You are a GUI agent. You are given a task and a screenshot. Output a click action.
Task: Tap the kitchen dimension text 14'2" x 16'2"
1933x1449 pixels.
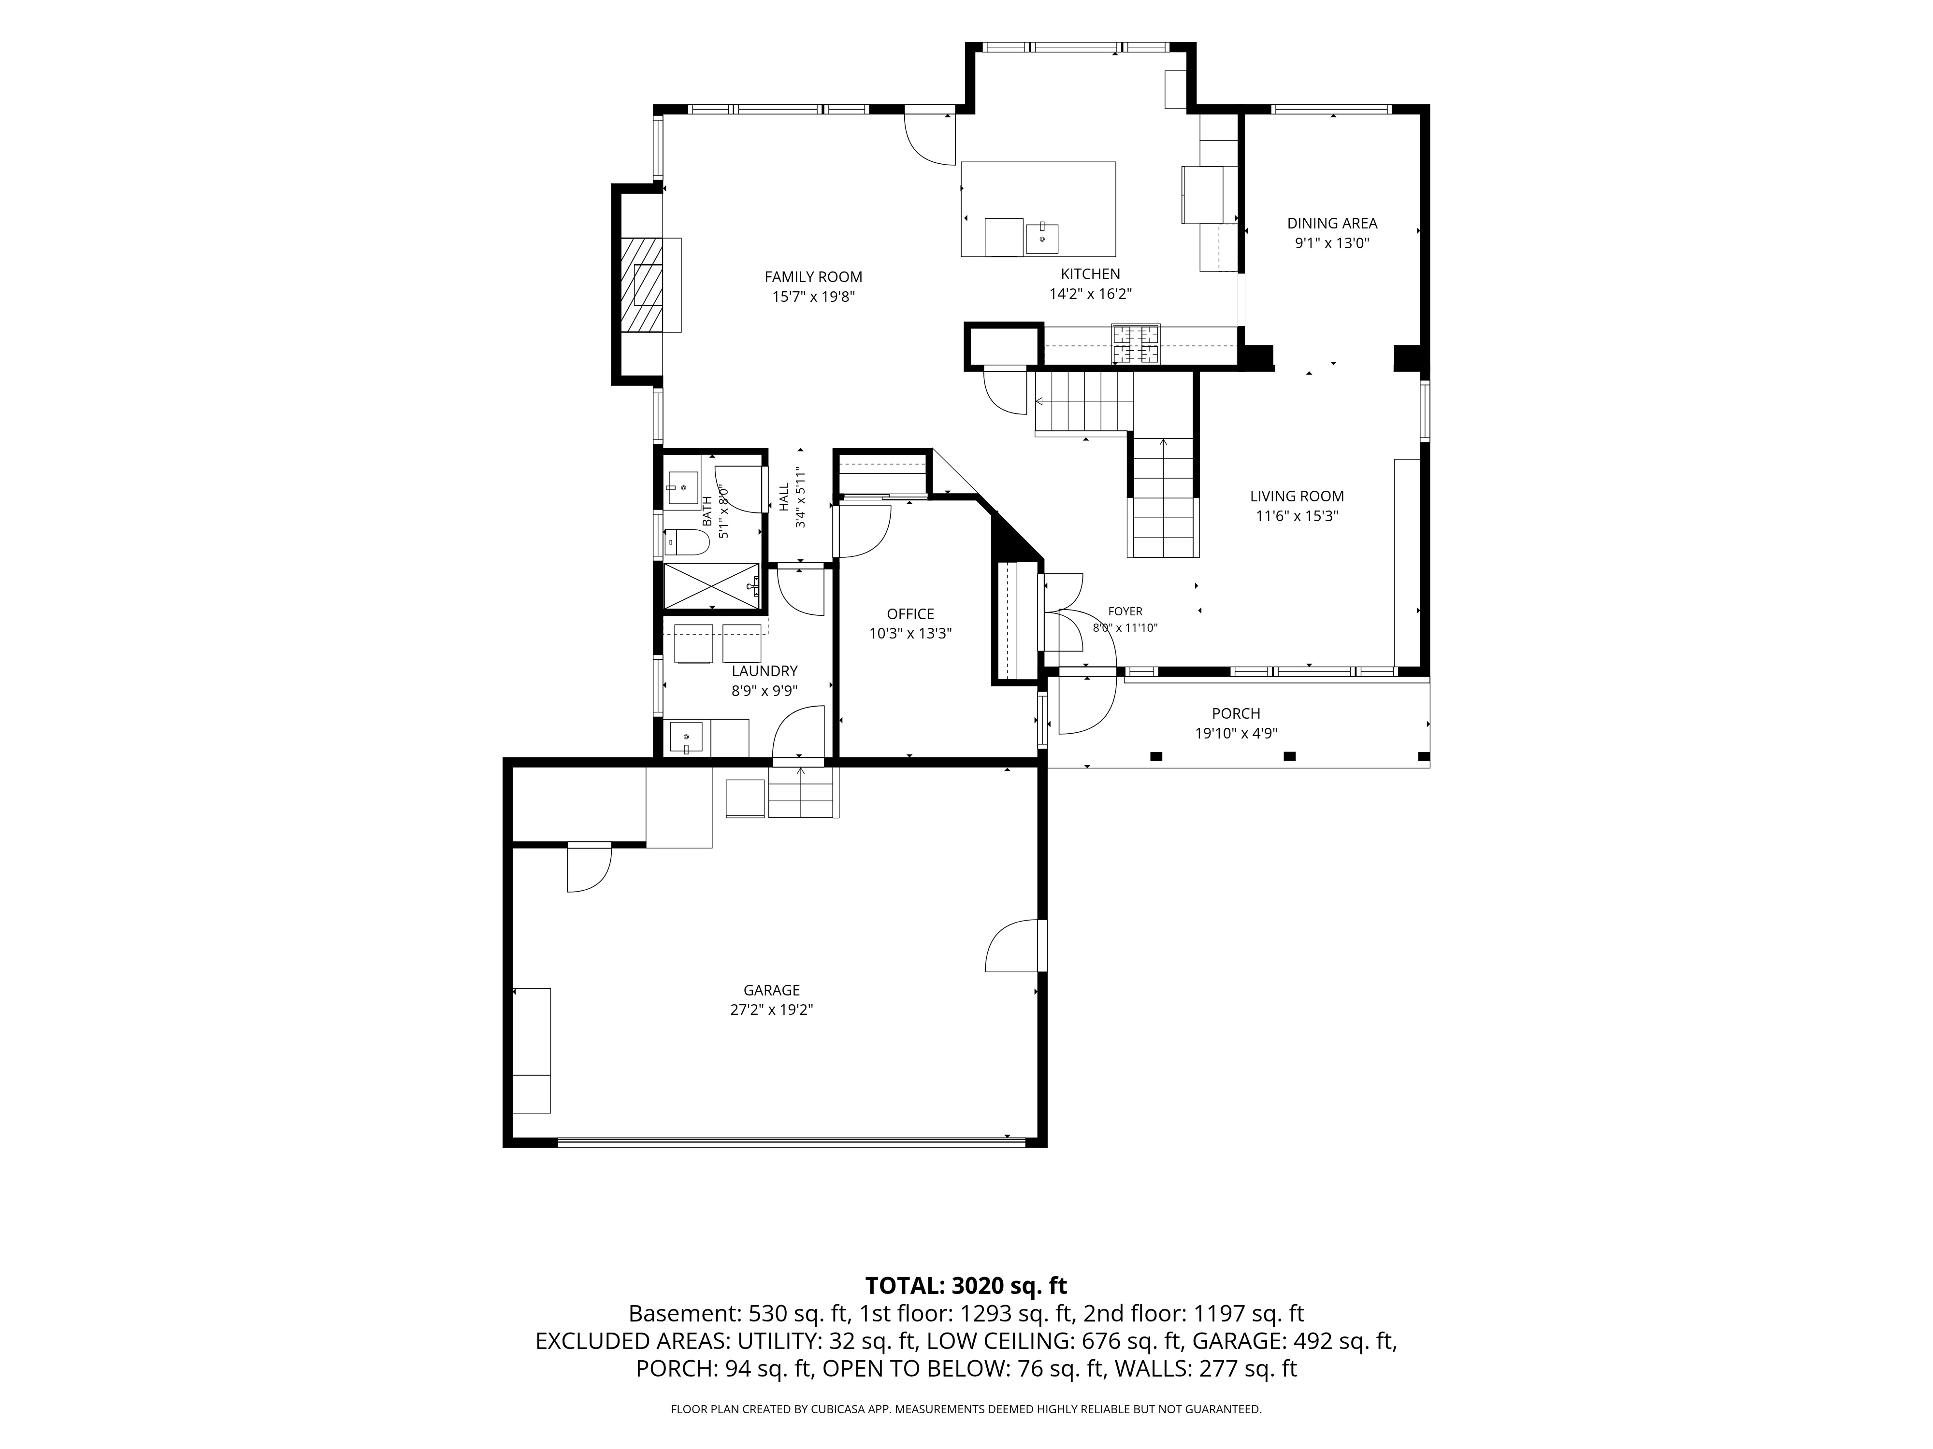1091,294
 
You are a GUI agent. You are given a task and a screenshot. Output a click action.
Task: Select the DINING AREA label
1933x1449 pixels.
1332,224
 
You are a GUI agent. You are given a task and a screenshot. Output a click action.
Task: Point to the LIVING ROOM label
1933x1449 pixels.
1297,496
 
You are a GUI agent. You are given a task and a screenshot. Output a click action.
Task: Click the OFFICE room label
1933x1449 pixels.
910,614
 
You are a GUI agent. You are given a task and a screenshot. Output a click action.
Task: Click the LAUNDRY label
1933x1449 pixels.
765,671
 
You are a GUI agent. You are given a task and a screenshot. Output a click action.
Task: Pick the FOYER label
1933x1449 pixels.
1125,611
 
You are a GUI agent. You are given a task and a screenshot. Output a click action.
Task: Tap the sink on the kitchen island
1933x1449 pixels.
1042,238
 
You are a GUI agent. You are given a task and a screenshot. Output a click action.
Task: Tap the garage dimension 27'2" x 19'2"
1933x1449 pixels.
772,1009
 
